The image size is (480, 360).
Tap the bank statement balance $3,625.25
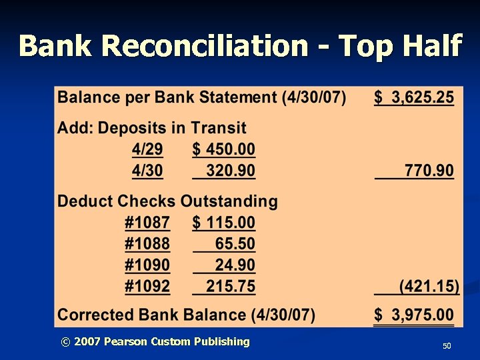[414, 98]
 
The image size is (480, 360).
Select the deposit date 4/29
[147, 149]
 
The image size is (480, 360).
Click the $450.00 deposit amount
[224, 149]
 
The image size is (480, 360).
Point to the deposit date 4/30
[147, 171]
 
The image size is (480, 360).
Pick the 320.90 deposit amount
[230, 171]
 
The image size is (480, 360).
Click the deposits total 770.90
[429, 171]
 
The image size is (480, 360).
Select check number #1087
[147, 223]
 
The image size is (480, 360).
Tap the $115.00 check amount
[224, 223]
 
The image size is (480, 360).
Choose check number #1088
[147, 244]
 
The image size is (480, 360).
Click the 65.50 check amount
[235, 244]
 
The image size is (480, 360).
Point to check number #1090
[147, 265]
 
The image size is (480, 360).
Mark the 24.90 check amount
[235, 265]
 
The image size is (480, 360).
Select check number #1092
[147, 287]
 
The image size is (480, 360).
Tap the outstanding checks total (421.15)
[429, 287]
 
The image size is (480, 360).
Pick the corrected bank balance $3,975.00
[414, 315]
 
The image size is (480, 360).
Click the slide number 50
[447, 347]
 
